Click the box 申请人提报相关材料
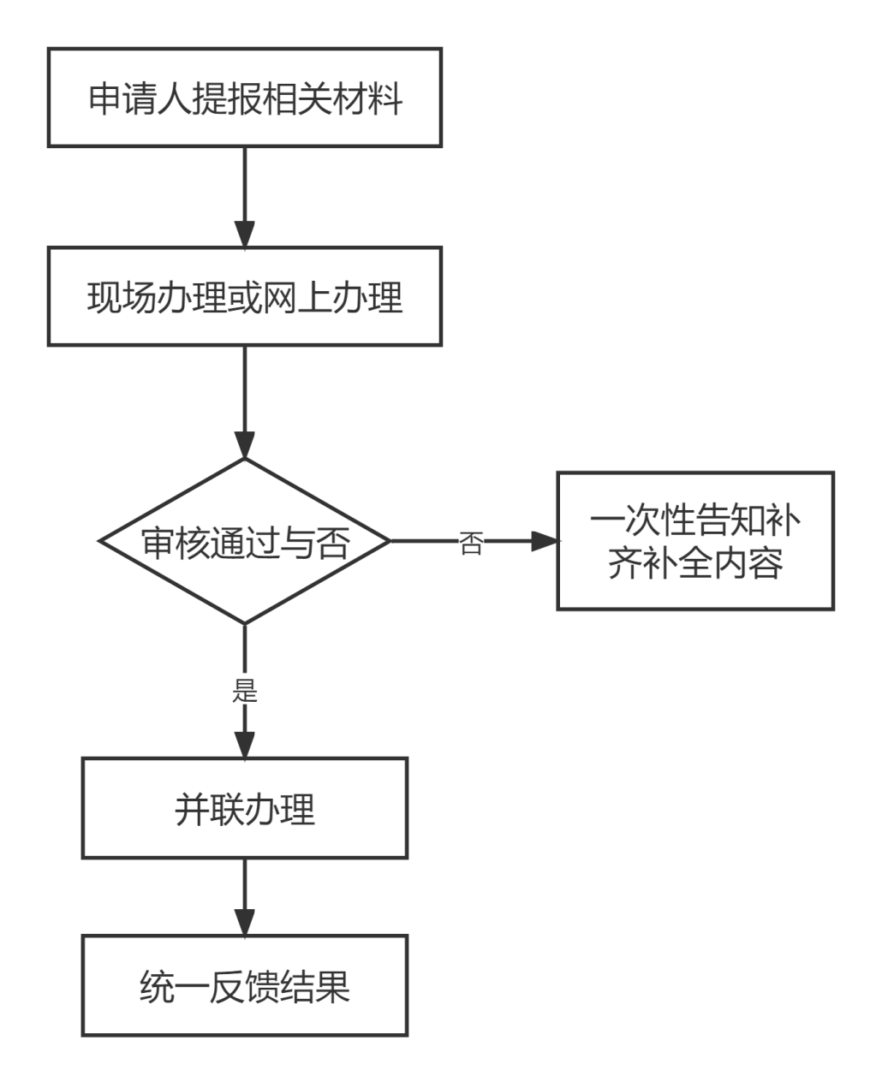tap(244, 98)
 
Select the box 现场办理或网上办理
tap(244, 297)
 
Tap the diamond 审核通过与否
tap(245, 541)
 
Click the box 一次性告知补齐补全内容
tap(695, 541)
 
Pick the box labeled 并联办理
tap(245, 807)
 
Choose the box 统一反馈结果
tap(245, 985)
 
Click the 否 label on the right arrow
tap(471, 542)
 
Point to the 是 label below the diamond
tap(245, 689)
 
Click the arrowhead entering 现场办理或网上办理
tap(245, 235)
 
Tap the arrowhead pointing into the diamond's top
tap(245, 444)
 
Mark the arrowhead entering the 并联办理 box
tap(245, 743)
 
